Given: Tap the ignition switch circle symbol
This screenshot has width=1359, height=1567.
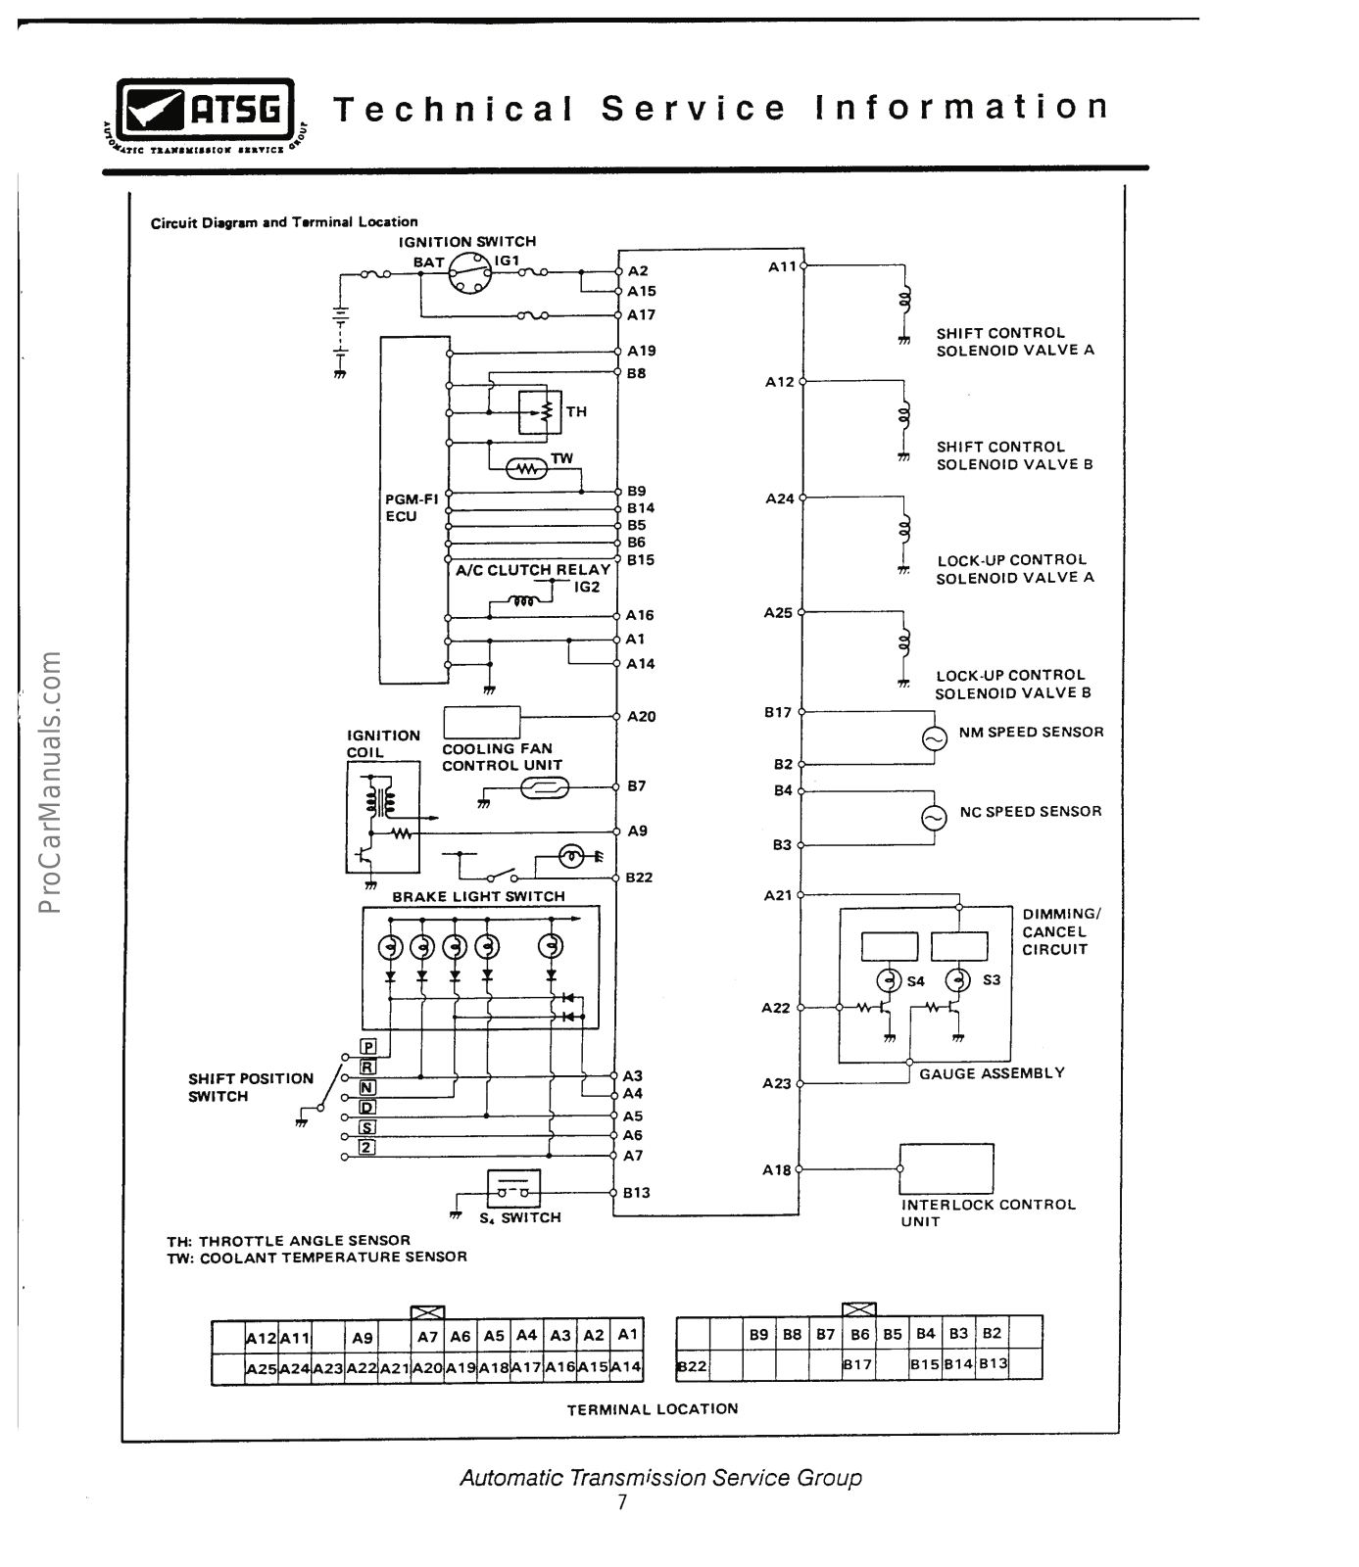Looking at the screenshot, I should pos(467,273).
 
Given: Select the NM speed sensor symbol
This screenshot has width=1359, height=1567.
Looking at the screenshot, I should pos(935,738).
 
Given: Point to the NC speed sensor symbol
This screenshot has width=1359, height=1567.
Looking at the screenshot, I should pos(935,818).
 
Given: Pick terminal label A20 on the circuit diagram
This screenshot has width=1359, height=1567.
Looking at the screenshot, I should pos(642,717).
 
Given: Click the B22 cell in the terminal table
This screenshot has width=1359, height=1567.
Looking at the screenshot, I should pos(693,1365).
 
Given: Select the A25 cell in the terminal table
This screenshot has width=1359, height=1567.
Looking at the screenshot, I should pos(261,1368).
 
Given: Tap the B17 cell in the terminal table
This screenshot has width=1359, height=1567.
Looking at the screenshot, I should pos(857,1364).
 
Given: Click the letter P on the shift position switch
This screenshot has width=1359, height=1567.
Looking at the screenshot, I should pos(368,1047).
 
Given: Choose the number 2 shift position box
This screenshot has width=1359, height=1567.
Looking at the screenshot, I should pos(366,1147).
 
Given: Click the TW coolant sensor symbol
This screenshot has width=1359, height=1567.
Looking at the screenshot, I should pos(528,469).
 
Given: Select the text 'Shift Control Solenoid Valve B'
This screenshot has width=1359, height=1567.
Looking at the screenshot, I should pos(1014,455).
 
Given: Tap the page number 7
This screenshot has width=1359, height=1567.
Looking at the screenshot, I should pos(622,1502).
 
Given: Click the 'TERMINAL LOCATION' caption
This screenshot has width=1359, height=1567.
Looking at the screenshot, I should pos(653,1409).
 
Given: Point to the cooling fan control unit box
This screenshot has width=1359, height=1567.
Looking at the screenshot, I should pos(481,722).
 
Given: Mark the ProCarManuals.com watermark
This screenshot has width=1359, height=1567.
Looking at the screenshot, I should pos(51,782).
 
